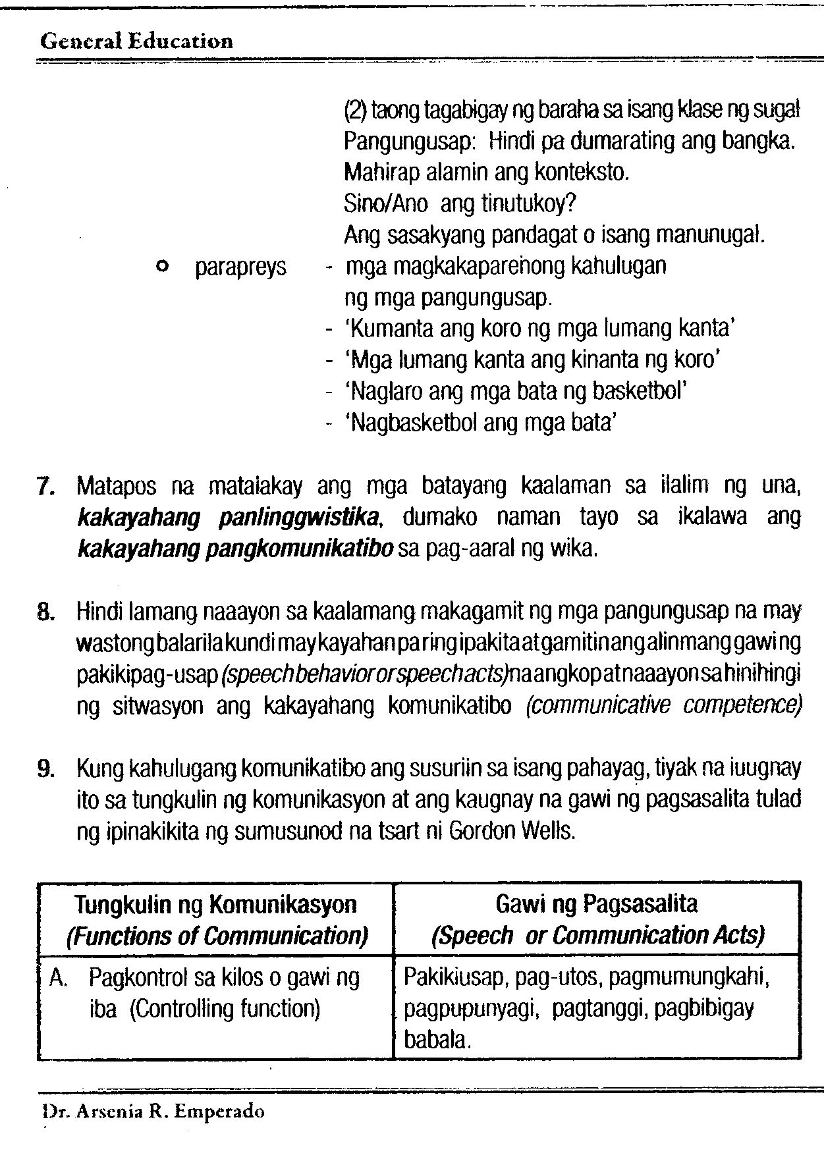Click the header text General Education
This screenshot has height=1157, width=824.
tap(136, 41)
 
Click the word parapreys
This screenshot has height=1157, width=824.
tap(241, 268)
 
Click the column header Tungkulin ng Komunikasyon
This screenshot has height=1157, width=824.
tap(216, 905)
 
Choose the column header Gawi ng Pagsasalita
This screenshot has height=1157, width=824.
tap(596, 903)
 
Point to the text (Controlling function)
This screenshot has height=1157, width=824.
tap(225, 1009)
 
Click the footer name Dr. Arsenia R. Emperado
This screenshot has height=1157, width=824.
tap(153, 1112)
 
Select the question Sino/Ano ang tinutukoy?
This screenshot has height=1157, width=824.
tap(460, 204)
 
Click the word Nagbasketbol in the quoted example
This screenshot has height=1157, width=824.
tap(412, 422)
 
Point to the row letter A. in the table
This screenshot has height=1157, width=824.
tap(58, 979)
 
